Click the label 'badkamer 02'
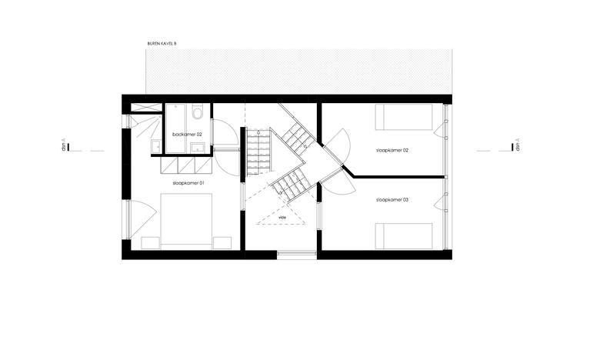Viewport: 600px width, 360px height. click(187, 135)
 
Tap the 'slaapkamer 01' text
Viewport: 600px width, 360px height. click(188, 183)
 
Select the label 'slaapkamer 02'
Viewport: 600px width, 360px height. click(392, 150)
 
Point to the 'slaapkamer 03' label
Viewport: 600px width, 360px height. click(392, 200)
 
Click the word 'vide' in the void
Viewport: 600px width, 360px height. click(282, 217)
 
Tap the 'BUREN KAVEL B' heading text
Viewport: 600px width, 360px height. click(162, 44)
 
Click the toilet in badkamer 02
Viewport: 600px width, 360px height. click(198, 112)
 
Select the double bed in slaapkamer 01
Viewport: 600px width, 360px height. click(186, 222)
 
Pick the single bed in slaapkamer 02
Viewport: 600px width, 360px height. click(404, 117)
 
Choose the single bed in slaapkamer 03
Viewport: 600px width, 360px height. click(404, 236)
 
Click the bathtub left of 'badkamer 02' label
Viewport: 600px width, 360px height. click(175, 128)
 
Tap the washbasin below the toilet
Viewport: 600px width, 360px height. click(198, 148)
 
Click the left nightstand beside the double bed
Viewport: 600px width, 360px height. click(150, 243)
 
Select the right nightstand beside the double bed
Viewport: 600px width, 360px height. click(222, 243)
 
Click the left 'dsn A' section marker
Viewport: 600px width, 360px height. click(66, 145)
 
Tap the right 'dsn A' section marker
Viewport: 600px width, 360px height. click(515, 145)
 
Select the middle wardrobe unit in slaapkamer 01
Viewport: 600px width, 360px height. click(186, 165)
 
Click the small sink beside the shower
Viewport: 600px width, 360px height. click(155, 146)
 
